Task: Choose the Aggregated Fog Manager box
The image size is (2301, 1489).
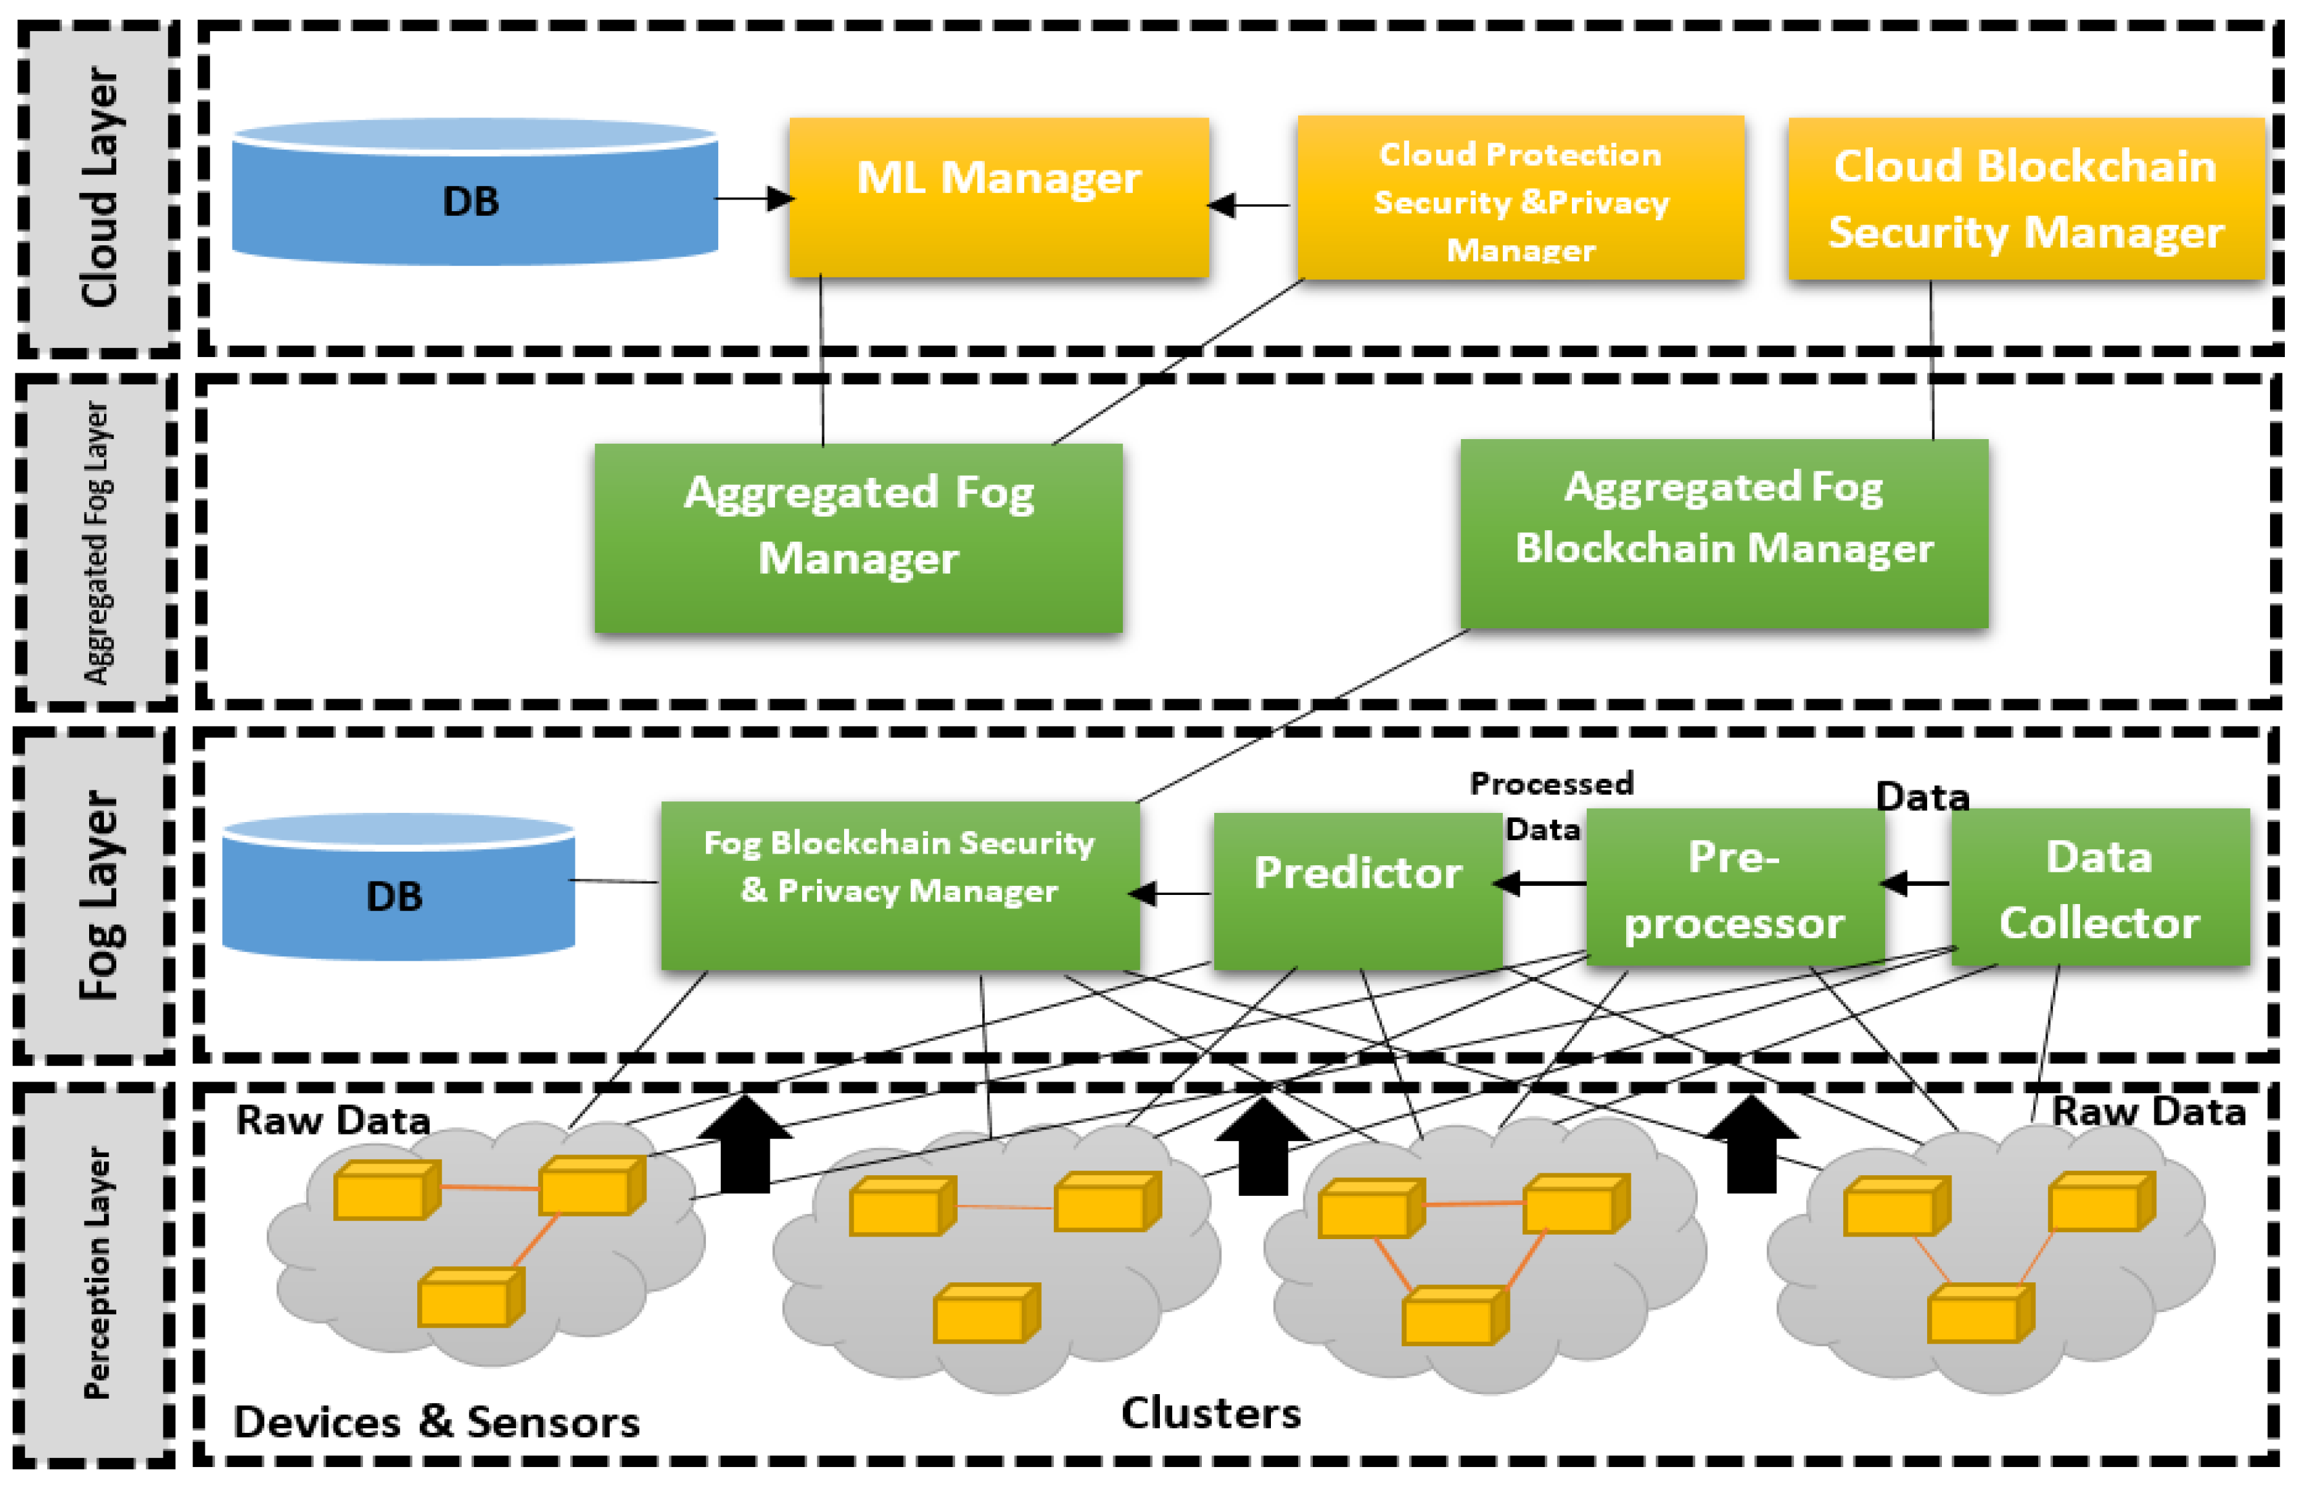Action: pyautogui.click(x=858, y=538)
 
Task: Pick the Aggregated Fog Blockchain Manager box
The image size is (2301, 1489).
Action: pyautogui.click(x=1724, y=533)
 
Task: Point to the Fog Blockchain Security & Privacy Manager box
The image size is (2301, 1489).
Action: pyautogui.click(x=899, y=885)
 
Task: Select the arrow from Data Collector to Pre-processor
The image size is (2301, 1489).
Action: pyautogui.click(x=1915, y=883)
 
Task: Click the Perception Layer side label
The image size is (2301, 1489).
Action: pyautogui.click(x=97, y=1273)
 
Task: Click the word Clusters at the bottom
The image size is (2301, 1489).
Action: pyautogui.click(x=1210, y=1413)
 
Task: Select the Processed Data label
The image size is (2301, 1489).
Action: pyautogui.click(x=1550, y=805)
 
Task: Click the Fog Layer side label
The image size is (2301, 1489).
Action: pyautogui.click(x=97, y=894)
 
